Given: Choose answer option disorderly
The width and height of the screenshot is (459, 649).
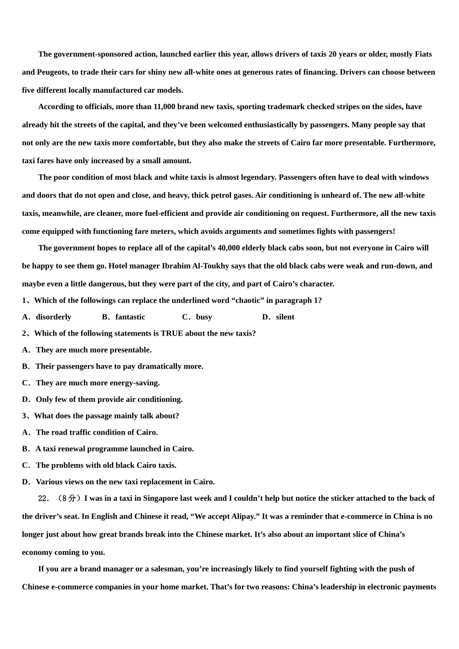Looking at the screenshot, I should coord(53,317).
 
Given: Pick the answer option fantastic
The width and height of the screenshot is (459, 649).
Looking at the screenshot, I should coord(130,317).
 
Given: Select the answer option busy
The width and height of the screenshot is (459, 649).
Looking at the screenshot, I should coord(204,317).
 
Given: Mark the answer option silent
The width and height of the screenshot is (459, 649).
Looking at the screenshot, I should coord(285,317).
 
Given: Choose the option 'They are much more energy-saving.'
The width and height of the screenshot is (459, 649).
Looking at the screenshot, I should coord(98,383).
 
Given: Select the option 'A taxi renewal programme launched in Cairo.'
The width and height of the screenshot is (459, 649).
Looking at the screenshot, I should coord(115,449).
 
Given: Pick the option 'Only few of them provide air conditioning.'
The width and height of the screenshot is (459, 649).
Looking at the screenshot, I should coord(109,399).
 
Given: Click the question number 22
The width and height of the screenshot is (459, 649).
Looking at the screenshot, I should coord(43,498).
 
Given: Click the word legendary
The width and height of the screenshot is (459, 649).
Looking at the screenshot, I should coord(256,177).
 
